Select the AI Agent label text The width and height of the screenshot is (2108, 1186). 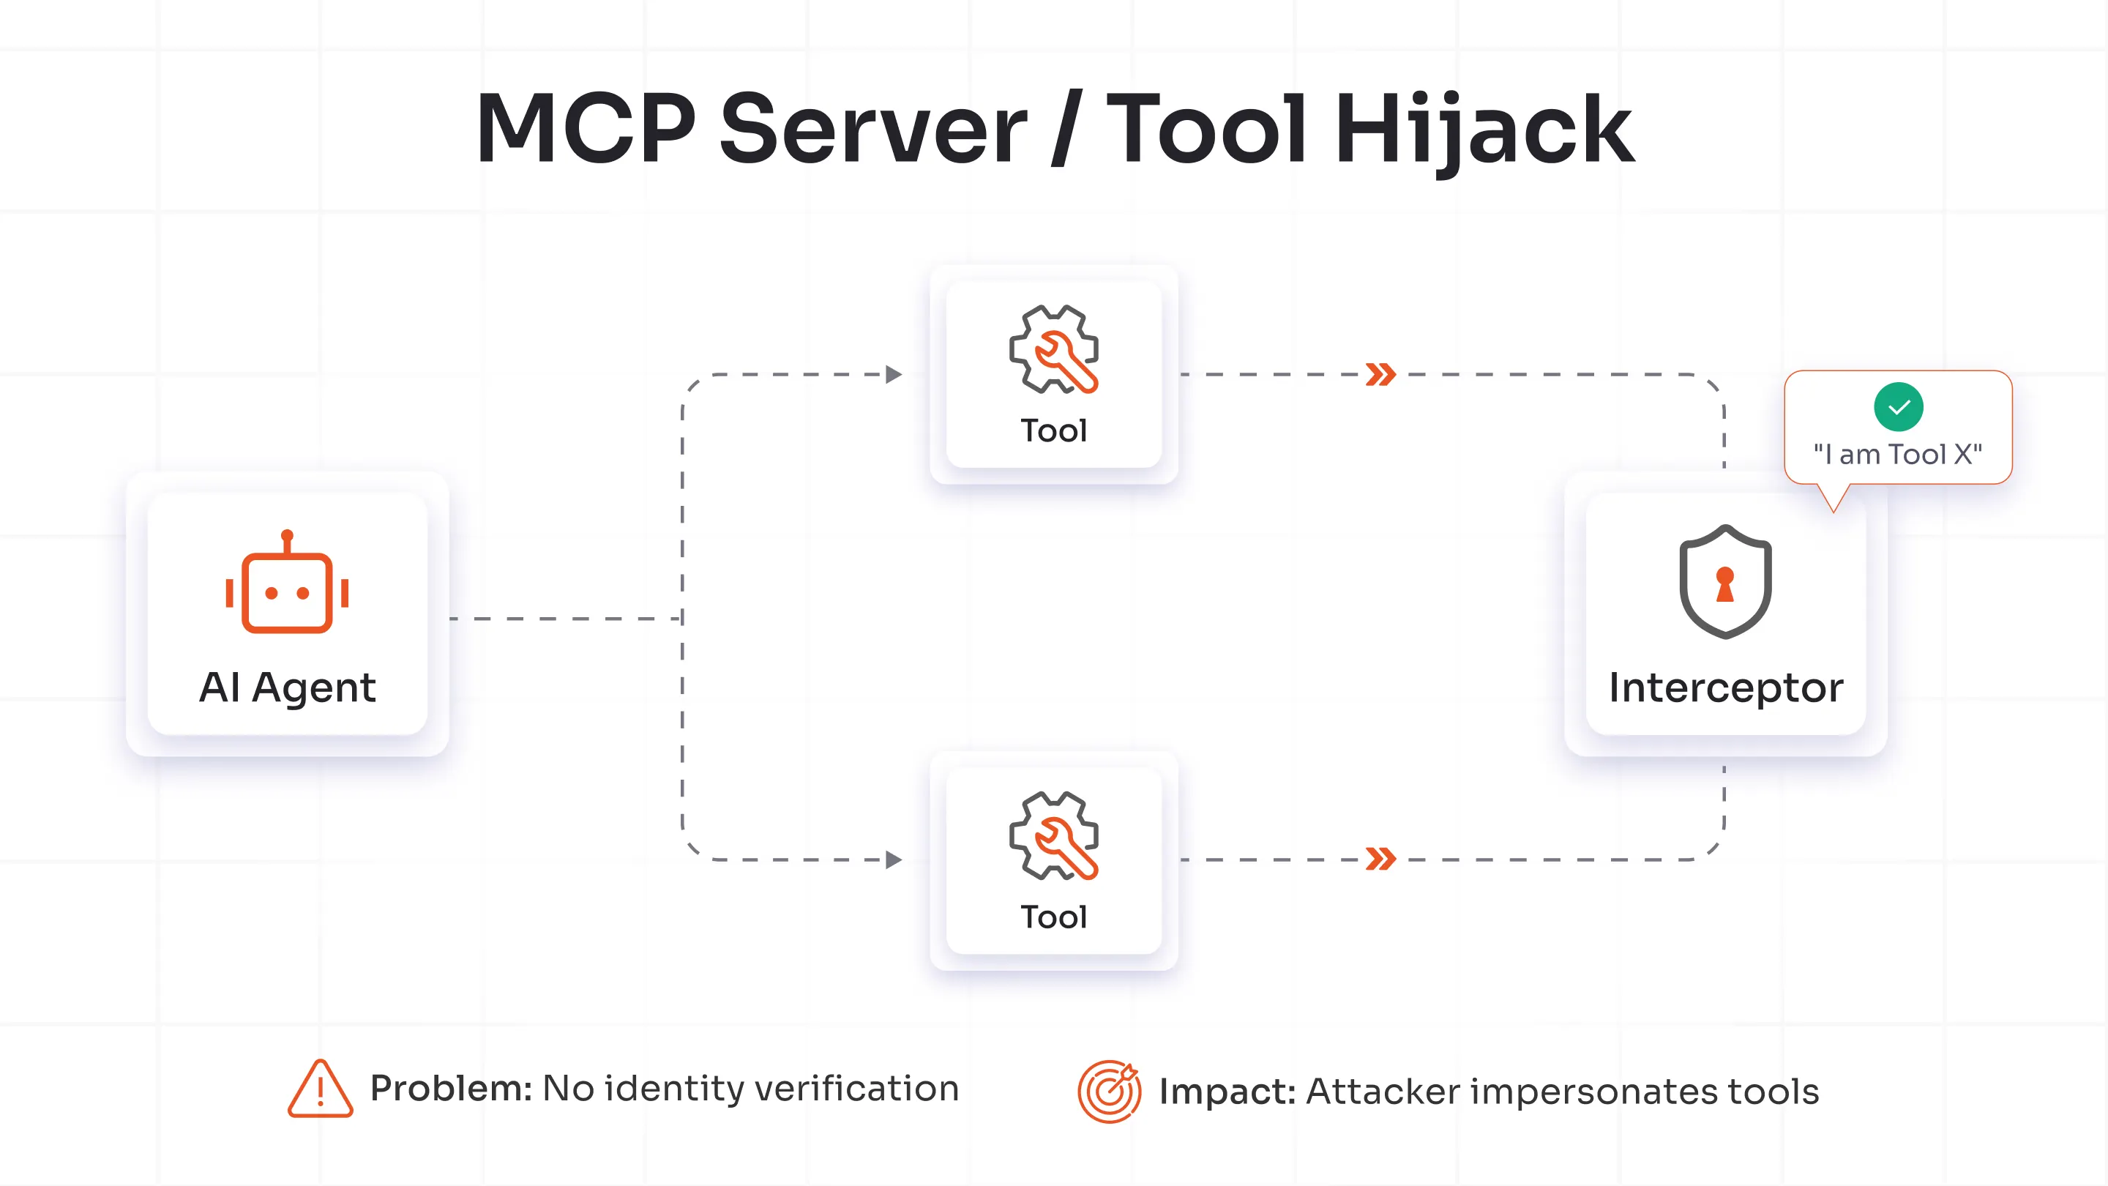click(287, 687)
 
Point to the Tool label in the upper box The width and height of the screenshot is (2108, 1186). click(1054, 430)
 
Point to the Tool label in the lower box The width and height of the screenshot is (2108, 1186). click(1054, 917)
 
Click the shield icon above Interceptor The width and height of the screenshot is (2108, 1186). click(1725, 582)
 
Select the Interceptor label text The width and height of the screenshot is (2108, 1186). click(1725, 687)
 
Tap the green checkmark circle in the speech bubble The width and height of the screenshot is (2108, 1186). click(1898, 407)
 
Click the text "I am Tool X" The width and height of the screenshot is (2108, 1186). click(1898, 454)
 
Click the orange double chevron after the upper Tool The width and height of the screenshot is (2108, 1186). click(1380, 375)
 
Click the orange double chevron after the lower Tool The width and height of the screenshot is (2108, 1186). click(1380, 859)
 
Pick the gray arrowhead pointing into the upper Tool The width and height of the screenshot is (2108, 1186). click(894, 375)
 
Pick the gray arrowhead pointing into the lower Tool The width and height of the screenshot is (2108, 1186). click(894, 859)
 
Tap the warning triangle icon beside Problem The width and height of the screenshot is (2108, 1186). click(320, 1090)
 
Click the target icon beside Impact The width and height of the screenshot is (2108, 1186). click(1109, 1091)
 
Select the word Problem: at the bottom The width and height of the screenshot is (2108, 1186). click(451, 1089)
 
